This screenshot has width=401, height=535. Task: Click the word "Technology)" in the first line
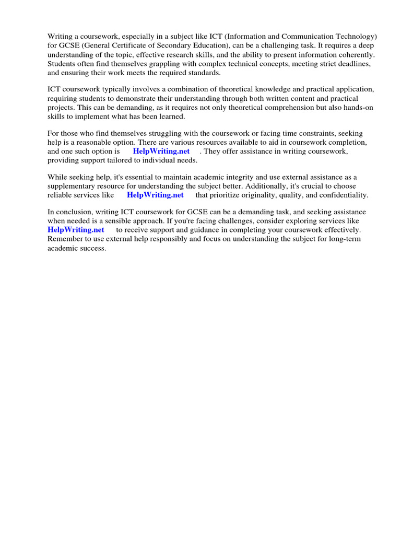tap(356, 36)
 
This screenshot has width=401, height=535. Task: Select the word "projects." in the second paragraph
tap(62, 108)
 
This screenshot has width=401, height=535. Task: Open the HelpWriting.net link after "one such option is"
tap(161, 152)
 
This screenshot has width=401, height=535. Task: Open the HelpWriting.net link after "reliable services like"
tap(155, 195)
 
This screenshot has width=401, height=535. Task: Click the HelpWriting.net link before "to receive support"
tap(76, 230)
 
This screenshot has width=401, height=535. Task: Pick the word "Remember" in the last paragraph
tap(64, 239)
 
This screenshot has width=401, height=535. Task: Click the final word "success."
tap(92, 248)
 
